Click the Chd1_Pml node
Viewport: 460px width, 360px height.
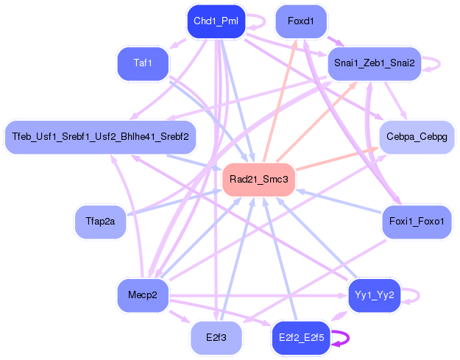pos(215,21)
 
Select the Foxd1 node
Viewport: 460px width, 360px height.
pos(300,21)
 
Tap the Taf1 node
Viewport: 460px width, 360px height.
pos(143,63)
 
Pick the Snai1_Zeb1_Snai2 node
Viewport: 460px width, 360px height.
pos(373,63)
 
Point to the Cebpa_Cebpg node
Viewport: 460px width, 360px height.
pos(416,137)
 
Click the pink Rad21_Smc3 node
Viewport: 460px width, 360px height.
pos(258,180)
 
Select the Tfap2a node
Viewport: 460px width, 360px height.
pos(100,222)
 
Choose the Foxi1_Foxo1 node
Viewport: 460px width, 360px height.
pos(416,222)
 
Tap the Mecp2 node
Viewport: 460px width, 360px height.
pos(143,295)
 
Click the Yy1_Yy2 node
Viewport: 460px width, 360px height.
pos(374,295)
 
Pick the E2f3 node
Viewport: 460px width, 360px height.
pos(215,338)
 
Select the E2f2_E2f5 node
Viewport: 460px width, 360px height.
pos(300,338)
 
